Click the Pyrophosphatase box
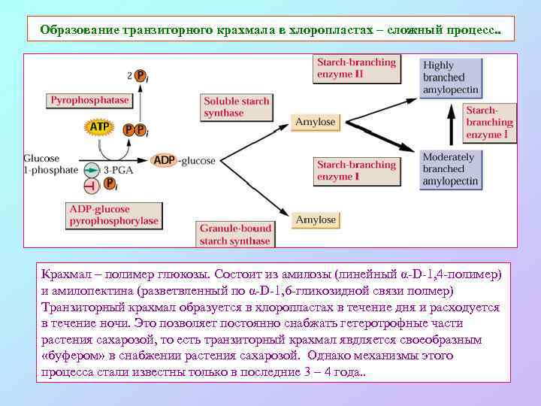pos(90,99)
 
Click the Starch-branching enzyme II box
pos(355,68)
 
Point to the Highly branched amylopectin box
pos(450,77)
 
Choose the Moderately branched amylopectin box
pos(450,169)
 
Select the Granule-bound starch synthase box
pos(235,234)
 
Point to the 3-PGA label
pos(118,170)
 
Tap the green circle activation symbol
pos(90,170)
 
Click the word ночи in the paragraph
pos(116,323)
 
